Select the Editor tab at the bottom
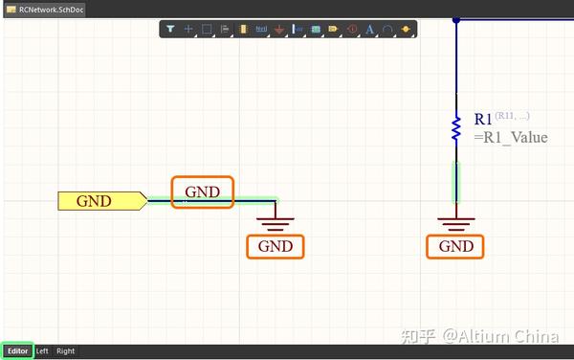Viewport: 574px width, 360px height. [x=17, y=351]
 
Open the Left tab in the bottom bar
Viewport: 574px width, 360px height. [x=42, y=351]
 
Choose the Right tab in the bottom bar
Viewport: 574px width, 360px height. [x=65, y=351]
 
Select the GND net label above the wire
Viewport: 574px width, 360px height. [x=202, y=191]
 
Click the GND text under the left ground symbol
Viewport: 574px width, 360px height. [x=276, y=246]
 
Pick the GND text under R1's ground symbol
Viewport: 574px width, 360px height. [x=455, y=246]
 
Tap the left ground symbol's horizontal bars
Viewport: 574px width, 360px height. [x=276, y=223]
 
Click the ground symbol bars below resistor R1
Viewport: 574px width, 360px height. [x=456, y=223]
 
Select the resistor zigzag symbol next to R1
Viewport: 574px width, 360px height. [x=456, y=128]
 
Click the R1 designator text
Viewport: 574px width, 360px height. [x=483, y=120]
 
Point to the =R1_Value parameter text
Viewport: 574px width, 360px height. [x=511, y=138]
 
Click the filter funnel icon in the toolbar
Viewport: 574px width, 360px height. [x=169, y=30]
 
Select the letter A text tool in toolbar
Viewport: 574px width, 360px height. [x=369, y=30]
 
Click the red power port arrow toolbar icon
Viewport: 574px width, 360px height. [x=278, y=30]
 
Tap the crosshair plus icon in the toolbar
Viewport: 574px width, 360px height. [x=188, y=30]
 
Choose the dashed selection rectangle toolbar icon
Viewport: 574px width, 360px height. [x=206, y=30]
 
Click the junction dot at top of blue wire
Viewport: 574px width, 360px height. [x=456, y=19]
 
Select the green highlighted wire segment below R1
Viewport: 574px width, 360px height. [x=456, y=182]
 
